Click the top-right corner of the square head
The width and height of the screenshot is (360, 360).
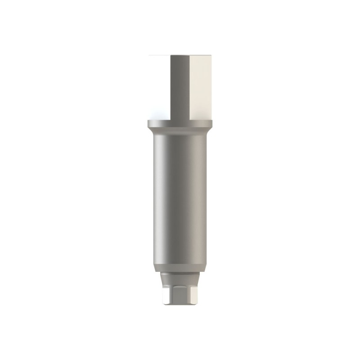pyautogui.click(x=211, y=55)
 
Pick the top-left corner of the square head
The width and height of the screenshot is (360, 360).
pyautogui.click(x=149, y=55)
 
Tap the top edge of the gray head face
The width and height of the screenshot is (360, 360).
pyautogui.click(x=180, y=55)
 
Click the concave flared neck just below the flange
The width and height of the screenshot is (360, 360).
pyautogui.click(x=180, y=132)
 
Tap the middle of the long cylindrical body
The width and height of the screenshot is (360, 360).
pyautogui.click(x=180, y=198)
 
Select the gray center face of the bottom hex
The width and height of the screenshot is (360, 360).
pyautogui.click(x=180, y=292)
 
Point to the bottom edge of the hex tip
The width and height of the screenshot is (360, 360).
pyautogui.click(x=180, y=304)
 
